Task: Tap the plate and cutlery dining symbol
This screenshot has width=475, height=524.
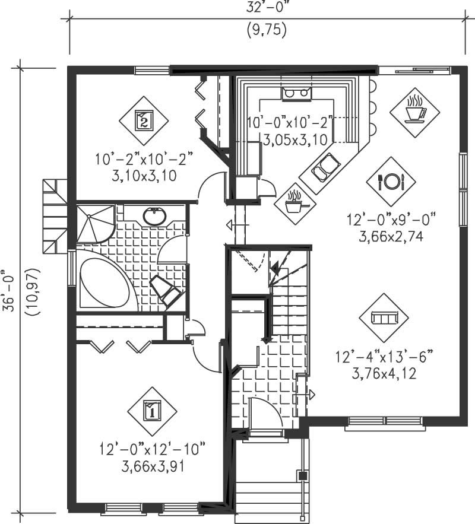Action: click(x=391, y=181)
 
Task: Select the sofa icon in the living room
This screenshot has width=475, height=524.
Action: click(x=383, y=318)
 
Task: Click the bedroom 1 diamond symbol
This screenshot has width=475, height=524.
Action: click(x=152, y=409)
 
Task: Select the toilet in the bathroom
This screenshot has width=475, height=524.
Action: click(x=167, y=291)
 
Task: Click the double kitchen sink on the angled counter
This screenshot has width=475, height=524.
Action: click(x=324, y=167)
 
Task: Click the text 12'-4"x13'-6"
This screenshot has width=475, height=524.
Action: click(x=384, y=358)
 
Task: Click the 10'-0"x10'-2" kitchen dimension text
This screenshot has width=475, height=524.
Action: click(x=289, y=124)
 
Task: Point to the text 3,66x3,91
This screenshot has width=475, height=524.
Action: click(x=152, y=466)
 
